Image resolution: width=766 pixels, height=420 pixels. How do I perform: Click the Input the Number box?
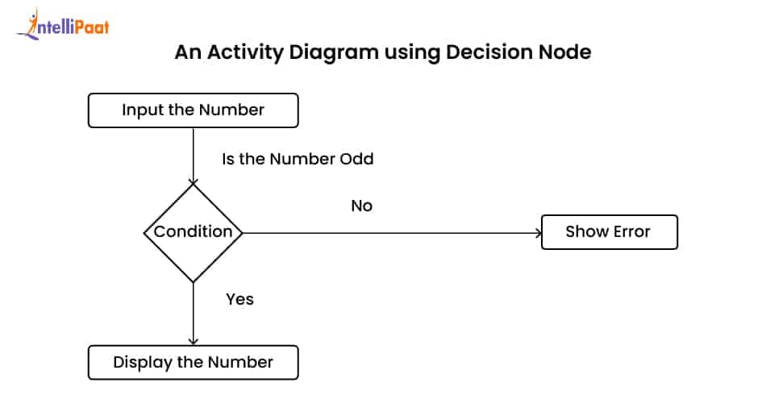click(193, 110)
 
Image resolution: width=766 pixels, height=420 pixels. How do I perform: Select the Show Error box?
click(608, 232)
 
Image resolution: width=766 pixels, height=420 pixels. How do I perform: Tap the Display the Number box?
click(193, 363)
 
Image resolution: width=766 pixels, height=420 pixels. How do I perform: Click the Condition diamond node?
click(193, 232)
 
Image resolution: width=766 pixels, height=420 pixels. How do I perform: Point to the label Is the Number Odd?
click(298, 159)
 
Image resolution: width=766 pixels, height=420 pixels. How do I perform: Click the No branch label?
click(361, 206)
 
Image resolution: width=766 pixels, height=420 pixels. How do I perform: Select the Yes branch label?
click(239, 299)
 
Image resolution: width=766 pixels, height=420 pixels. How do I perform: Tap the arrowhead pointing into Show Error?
click(538, 232)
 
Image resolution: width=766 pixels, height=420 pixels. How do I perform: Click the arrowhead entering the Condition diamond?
click(193, 180)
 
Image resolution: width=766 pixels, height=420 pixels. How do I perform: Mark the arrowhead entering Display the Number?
click(193, 342)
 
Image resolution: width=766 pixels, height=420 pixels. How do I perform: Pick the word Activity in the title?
click(240, 53)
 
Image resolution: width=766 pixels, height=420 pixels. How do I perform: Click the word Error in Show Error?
click(630, 232)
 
